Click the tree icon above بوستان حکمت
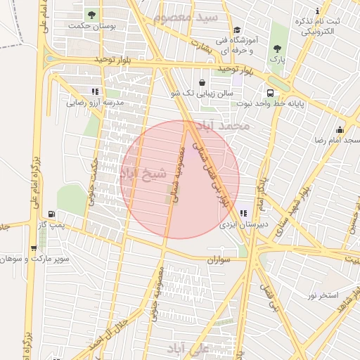coord(91,14)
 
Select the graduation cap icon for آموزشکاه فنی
coord(238,30)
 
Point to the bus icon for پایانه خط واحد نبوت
coord(270,93)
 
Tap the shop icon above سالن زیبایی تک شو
coord(202,82)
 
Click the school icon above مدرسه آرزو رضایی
coord(95,91)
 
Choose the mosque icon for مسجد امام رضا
coord(340,129)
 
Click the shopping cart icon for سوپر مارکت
coord(33,248)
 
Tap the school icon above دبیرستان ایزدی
coord(243,214)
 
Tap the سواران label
coord(219,260)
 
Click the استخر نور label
coord(323,295)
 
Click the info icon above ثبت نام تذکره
coord(318,10)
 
